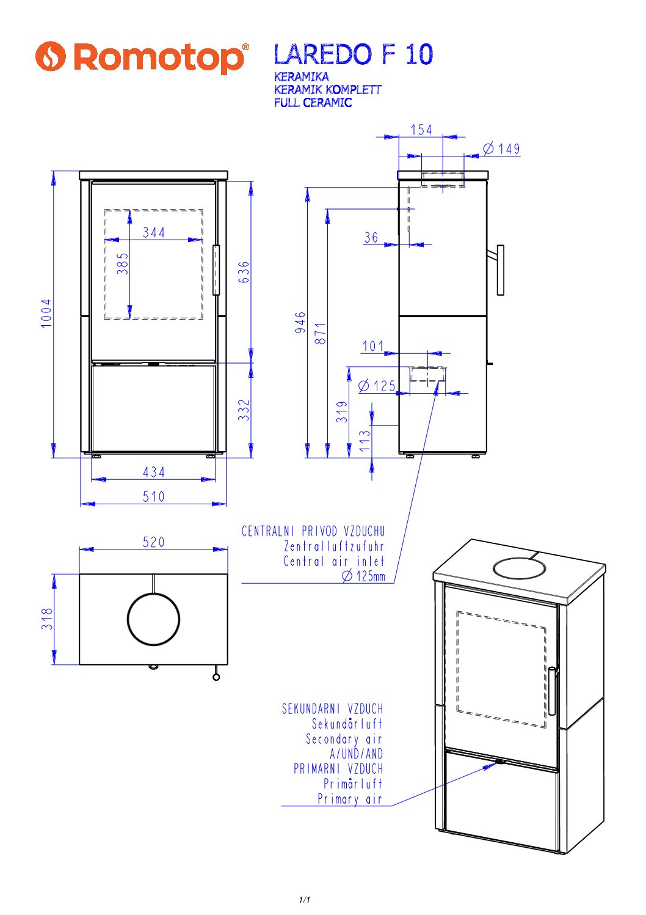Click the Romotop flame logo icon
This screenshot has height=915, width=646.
(50, 56)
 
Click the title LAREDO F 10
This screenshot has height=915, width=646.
(353, 54)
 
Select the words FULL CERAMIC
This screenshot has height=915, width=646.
(313, 103)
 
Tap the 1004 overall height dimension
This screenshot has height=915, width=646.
(46, 314)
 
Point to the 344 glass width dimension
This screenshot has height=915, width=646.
(154, 232)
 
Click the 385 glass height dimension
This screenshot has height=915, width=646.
(123, 263)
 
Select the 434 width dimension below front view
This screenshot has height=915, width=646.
(154, 472)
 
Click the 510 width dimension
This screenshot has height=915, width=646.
(154, 496)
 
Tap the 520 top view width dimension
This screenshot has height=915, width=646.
(154, 542)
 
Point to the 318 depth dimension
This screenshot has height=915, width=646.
(48, 619)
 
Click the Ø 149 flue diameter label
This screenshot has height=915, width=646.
(501, 149)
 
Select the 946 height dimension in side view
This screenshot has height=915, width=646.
(300, 322)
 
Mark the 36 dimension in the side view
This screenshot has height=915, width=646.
(371, 237)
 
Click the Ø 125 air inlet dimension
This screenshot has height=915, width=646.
(377, 386)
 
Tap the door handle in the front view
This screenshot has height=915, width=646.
(216, 270)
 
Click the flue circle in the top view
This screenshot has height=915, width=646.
(153, 619)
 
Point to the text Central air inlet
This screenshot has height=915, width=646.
(334, 561)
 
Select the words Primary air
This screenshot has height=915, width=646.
(349, 799)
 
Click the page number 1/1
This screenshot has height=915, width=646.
(305, 900)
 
